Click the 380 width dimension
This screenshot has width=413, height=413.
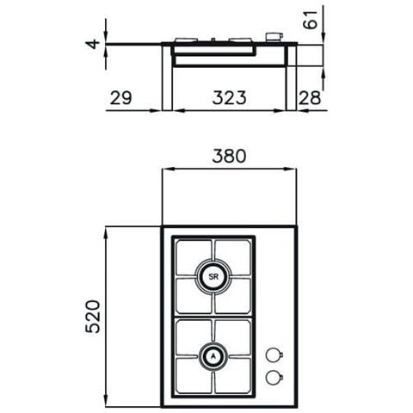(x=229, y=157)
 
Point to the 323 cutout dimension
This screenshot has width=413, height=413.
(x=228, y=97)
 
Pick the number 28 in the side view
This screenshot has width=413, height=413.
(x=310, y=97)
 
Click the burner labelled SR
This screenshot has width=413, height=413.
(x=213, y=276)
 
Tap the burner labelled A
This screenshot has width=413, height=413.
(x=213, y=355)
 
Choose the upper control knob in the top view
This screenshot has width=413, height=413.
(x=274, y=354)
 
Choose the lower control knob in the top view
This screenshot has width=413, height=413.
(x=274, y=376)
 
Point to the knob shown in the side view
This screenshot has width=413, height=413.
(x=274, y=37)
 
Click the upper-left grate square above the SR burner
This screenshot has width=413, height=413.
(x=194, y=256)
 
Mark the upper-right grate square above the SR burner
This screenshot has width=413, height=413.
(x=232, y=256)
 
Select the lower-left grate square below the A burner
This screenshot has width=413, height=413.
(x=194, y=375)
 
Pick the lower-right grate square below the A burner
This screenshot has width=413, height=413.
(x=232, y=375)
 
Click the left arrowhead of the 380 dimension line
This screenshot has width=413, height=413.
(x=165, y=170)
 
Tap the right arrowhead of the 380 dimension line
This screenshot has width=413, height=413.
(x=293, y=170)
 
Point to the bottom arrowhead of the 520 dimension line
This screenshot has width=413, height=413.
(x=107, y=404)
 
